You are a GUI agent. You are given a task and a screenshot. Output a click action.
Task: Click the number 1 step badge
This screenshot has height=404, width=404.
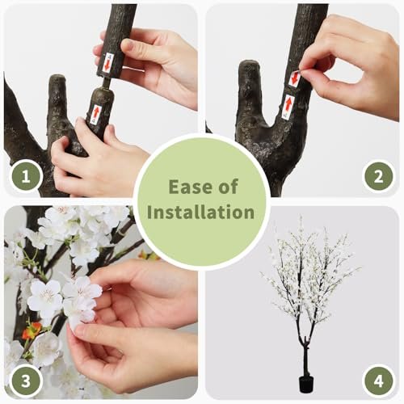click(x=26, y=176)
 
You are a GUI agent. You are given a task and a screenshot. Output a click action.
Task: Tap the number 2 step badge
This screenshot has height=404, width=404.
click(x=378, y=176)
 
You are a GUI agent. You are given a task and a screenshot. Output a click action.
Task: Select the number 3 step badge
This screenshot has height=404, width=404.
click(x=26, y=381)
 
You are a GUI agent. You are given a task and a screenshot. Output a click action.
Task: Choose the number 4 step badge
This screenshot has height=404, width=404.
click(x=378, y=381)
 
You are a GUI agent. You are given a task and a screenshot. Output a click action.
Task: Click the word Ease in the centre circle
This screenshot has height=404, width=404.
click(x=188, y=187)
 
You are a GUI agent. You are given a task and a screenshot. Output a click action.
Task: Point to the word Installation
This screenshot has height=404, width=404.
click(x=200, y=212)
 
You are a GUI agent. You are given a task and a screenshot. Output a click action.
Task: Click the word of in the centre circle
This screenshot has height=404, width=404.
click(x=229, y=187)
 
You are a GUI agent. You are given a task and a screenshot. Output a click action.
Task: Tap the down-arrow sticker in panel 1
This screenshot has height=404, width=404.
click(x=107, y=63)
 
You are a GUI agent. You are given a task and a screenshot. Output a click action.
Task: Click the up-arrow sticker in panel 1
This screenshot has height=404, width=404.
click(x=96, y=112)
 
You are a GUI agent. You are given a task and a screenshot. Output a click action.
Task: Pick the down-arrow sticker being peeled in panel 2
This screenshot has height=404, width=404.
click(x=295, y=78)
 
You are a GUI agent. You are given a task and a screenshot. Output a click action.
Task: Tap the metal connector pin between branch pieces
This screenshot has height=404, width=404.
click(x=107, y=82)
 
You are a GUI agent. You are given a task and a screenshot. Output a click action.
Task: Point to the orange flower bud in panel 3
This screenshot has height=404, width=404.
click(x=32, y=330)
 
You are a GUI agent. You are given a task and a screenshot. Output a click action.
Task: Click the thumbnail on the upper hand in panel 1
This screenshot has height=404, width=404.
click(x=128, y=45)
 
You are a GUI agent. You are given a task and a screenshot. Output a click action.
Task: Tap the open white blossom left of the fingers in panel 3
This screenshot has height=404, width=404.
click(x=45, y=297)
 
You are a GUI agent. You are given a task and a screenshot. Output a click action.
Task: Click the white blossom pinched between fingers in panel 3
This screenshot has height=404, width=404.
click(x=81, y=299)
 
